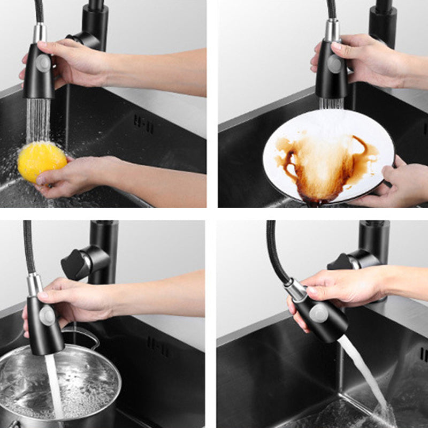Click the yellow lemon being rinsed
[x=42, y=160]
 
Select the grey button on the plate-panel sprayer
[x=335, y=64]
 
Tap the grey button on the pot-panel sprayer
[x=47, y=315]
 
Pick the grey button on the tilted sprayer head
[x=319, y=312]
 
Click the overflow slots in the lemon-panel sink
[x=143, y=124]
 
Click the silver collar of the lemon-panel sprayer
[x=40, y=33]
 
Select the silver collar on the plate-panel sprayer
[x=332, y=30]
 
